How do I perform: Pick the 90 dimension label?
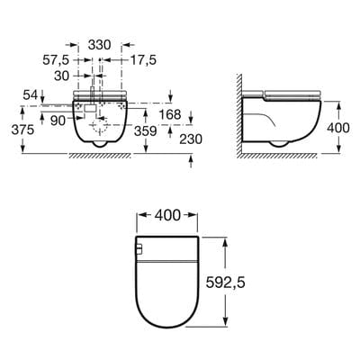58,120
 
